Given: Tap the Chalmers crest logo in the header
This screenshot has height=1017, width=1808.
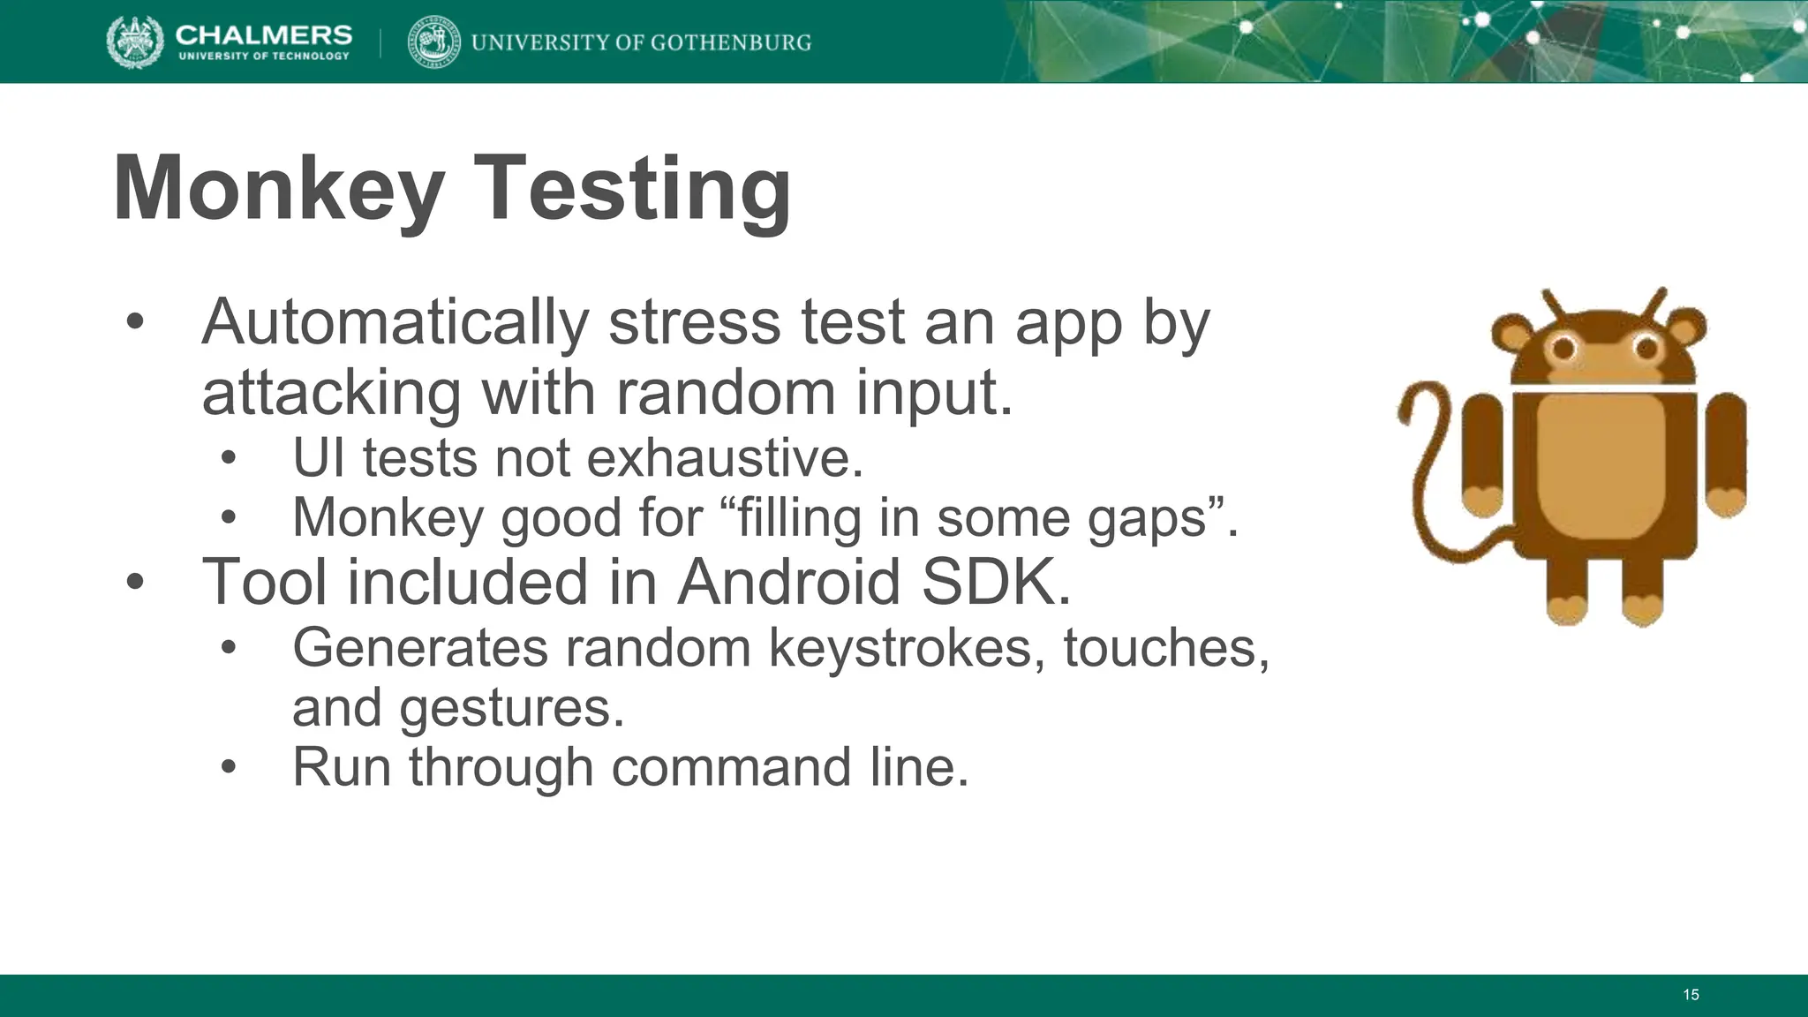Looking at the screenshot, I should pyautogui.click(x=134, y=42).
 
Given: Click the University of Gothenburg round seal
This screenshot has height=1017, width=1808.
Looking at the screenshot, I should pyautogui.click(x=433, y=42).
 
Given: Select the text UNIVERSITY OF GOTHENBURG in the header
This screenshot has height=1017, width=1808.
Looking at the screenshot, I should pyautogui.click(x=641, y=42).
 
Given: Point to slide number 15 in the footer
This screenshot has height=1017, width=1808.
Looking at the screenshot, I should pyautogui.click(x=1691, y=995).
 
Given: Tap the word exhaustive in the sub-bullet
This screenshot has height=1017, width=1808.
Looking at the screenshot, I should pyautogui.click(x=724, y=458).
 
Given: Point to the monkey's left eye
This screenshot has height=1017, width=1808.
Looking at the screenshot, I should pyautogui.click(x=1563, y=350).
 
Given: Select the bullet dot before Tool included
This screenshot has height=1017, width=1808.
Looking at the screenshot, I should pyautogui.click(x=134, y=583).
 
